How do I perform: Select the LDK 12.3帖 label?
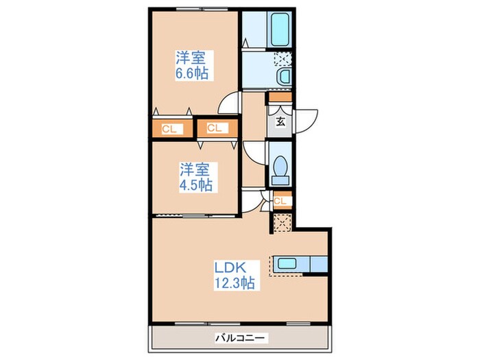(234, 275)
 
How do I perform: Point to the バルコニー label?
(240, 338)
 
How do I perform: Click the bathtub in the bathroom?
(280, 29)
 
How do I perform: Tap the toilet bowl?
(280, 166)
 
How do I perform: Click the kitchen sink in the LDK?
(287, 264)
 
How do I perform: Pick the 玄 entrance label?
(280, 122)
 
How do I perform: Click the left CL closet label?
(169, 129)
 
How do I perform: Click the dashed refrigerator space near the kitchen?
(282, 223)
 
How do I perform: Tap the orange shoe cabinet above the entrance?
(280, 97)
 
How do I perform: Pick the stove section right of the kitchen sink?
(320, 264)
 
